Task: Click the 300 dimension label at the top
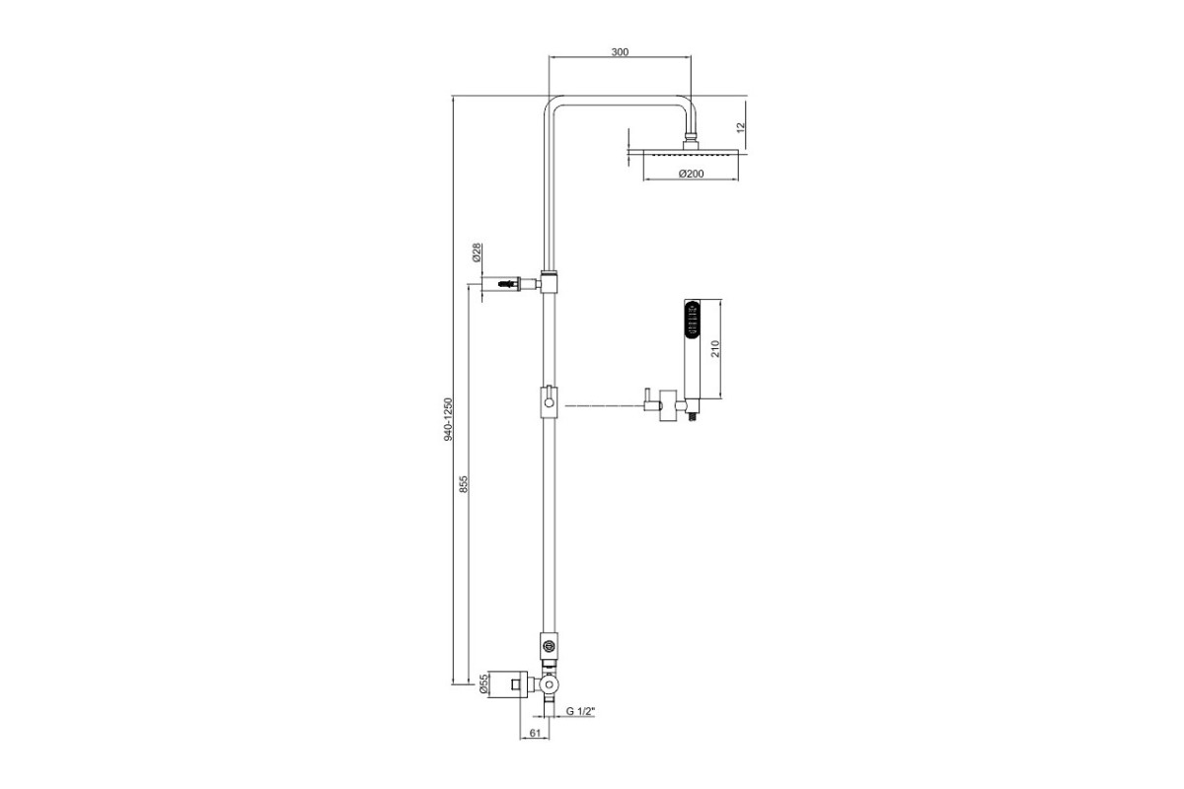620,52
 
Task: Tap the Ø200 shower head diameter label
692,174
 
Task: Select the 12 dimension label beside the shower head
741,127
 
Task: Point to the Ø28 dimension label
477,252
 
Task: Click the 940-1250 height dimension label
449,419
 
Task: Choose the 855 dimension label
464,484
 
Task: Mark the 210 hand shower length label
715,349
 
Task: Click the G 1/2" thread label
581,711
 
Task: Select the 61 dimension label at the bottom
535,733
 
